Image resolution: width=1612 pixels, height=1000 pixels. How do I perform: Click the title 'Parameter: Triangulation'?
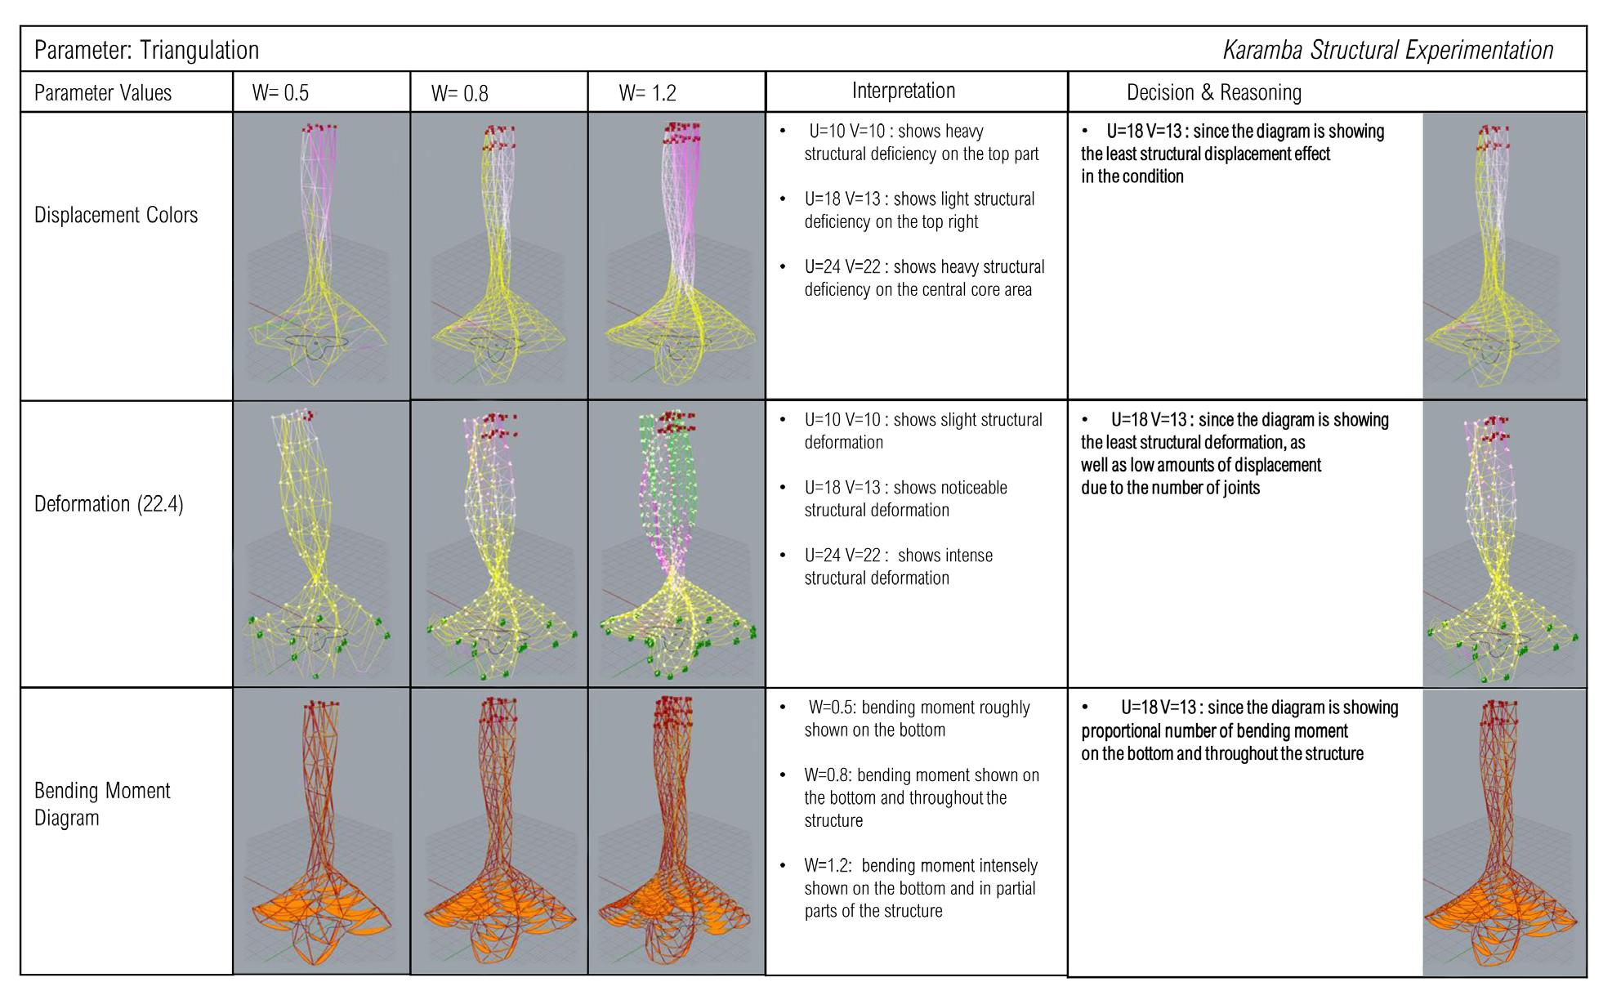point(146,51)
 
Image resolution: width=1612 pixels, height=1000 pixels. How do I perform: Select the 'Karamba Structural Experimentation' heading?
point(1387,51)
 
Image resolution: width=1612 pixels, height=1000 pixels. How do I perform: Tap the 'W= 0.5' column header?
point(280,93)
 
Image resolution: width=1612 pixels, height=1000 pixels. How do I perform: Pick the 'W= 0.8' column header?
point(459,93)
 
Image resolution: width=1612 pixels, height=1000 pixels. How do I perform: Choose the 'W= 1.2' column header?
point(647,93)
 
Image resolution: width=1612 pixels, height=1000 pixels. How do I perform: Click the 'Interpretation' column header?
point(903,91)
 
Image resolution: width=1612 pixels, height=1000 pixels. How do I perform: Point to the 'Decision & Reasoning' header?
point(1213,93)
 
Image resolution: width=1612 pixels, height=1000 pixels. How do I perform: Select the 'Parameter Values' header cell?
point(103,93)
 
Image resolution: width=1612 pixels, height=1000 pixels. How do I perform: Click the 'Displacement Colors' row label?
point(116,216)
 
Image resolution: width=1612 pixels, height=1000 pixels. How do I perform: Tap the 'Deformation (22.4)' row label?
point(109,504)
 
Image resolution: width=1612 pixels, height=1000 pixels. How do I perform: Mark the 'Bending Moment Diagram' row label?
point(102,804)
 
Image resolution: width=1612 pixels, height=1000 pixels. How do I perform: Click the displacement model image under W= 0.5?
point(321,256)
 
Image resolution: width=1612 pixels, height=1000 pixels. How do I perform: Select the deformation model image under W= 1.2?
point(677,544)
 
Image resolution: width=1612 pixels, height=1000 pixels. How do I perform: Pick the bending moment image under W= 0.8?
point(498,832)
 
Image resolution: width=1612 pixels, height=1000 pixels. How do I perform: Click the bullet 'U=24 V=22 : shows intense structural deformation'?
point(897,567)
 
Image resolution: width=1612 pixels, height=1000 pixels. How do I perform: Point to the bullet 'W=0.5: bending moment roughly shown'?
point(916,719)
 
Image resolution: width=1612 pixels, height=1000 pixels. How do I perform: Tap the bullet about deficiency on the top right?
point(918,211)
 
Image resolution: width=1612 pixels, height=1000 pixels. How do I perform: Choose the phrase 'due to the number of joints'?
point(1170,489)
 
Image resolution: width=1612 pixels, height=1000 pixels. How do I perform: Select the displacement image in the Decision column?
point(1503,256)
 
